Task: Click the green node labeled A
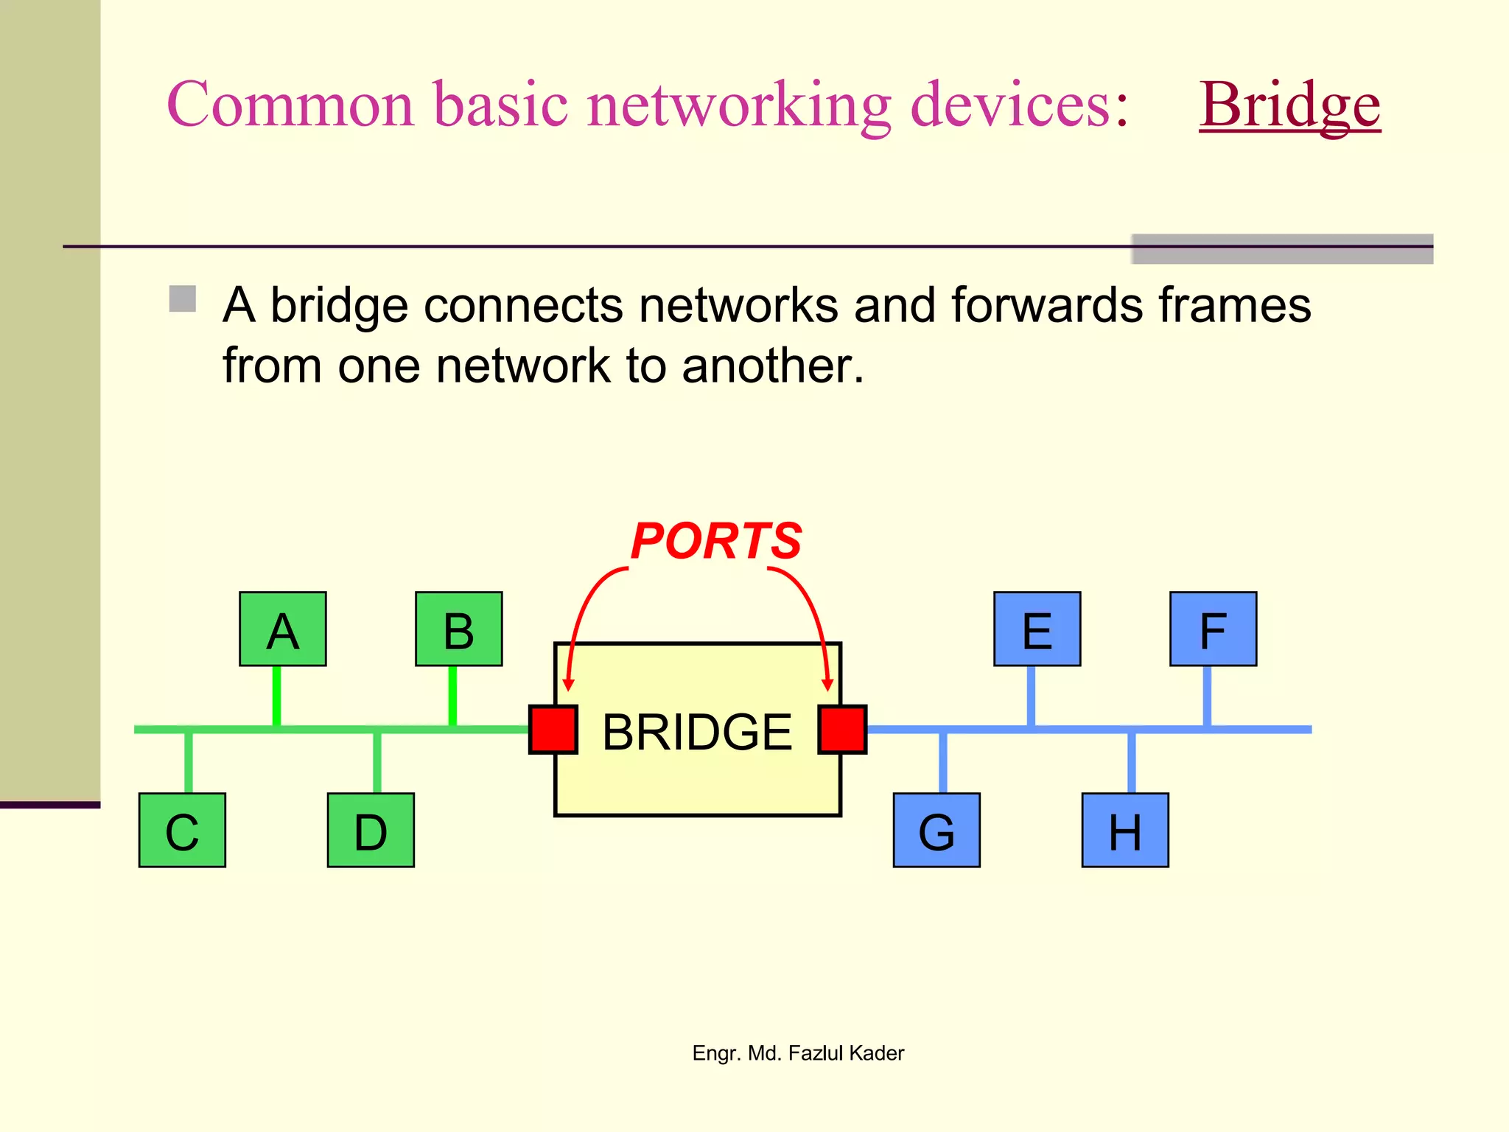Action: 282,629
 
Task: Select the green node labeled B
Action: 458,629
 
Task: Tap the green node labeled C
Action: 182,831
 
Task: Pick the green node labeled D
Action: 371,831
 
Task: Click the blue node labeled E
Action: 1037,629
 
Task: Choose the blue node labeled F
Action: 1213,629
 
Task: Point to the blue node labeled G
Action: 936,831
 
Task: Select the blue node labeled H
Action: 1125,831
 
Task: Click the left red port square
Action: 553,730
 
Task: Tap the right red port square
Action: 842,730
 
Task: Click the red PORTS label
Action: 715,541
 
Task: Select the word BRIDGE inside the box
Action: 696,732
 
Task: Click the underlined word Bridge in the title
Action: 1289,105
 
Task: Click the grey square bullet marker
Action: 182,299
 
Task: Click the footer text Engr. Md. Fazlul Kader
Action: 798,1053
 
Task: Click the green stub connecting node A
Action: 276,696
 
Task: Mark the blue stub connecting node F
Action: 1207,696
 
